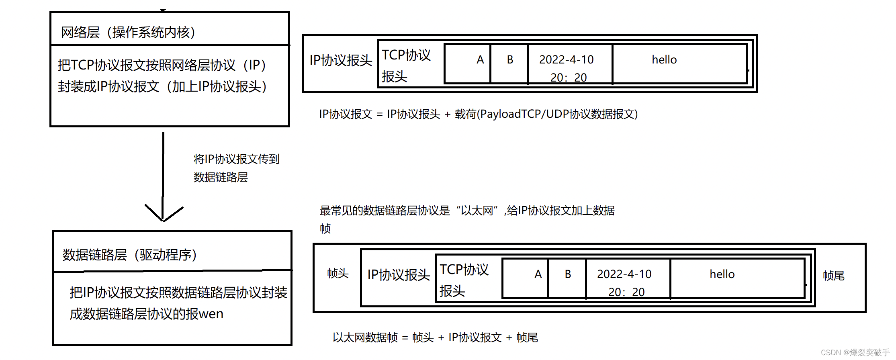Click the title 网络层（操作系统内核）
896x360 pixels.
(128, 32)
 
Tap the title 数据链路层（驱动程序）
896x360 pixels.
(129, 255)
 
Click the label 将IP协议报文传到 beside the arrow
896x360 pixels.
(236, 159)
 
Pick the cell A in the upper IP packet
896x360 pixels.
(480, 60)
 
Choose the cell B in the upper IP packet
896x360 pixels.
(510, 60)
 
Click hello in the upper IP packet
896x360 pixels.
(664, 60)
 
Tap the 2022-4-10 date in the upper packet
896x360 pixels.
(566, 60)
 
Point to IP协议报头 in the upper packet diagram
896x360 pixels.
(341, 60)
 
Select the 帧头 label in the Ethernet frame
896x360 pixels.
(338, 274)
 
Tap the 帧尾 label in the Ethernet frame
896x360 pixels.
(833, 276)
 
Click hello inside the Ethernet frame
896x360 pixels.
(722, 274)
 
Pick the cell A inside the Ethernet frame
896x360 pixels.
(538, 274)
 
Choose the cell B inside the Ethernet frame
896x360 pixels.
(568, 274)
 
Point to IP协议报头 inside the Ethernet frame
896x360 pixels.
(399, 275)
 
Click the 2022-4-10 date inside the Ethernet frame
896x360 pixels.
(624, 274)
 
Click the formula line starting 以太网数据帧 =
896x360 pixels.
(435, 337)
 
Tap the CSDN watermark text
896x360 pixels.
(855, 352)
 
